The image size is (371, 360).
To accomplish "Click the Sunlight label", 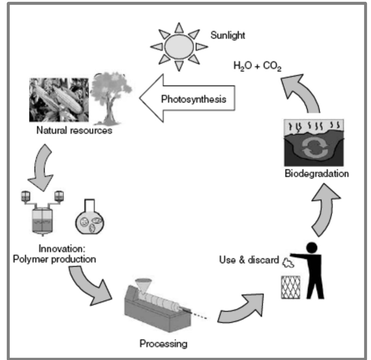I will [228, 35].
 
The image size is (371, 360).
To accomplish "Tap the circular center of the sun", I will [179, 47].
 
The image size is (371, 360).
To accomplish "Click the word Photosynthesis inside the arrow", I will [193, 99].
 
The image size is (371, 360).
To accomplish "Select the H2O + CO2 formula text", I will [257, 66].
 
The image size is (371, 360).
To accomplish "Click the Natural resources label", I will [74, 130].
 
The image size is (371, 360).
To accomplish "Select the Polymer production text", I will [54, 259].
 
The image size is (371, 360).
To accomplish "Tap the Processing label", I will [163, 343].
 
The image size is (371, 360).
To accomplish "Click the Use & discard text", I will [249, 260].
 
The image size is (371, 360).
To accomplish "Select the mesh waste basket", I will [290, 287].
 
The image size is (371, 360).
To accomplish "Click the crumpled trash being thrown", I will [288, 263].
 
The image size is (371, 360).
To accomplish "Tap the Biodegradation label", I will [317, 174].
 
